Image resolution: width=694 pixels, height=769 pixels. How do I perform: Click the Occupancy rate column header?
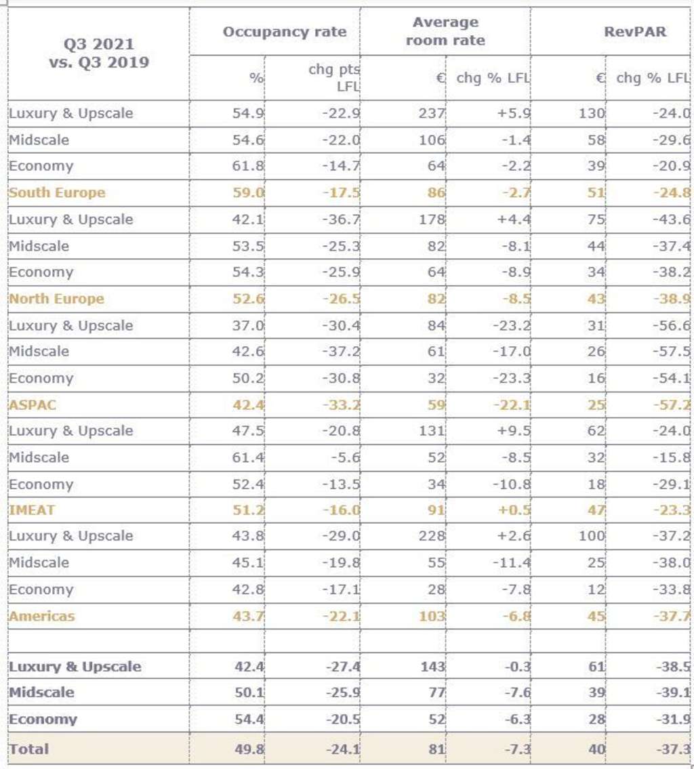point(284,32)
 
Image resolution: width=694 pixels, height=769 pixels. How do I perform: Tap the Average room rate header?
point(445,31)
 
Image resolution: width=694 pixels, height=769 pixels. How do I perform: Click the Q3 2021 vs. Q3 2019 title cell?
point(99,54)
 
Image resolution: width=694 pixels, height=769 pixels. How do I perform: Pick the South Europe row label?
point(57,192)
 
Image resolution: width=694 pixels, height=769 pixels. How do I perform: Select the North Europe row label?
point(56,299)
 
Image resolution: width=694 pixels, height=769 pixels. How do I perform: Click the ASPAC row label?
point(33,405)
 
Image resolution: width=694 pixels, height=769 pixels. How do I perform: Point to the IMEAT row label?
point(31,510)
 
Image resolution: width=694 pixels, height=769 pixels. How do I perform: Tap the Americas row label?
point(41,616)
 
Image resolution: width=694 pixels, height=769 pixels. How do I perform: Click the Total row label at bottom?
point(28,749)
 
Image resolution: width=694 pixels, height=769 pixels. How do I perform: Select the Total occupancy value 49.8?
point(249,749)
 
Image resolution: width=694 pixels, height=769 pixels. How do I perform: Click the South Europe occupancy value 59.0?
point(249,192)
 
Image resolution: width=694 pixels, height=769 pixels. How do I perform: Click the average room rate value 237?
point(432,113)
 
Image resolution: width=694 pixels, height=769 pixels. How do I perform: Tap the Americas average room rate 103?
point(432,616)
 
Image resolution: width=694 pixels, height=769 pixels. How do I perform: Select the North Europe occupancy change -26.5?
point(341,299)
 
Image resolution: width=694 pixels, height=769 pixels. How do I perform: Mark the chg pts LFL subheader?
point(334,77)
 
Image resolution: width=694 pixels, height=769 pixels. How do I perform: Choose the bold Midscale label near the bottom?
point(41,692)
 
